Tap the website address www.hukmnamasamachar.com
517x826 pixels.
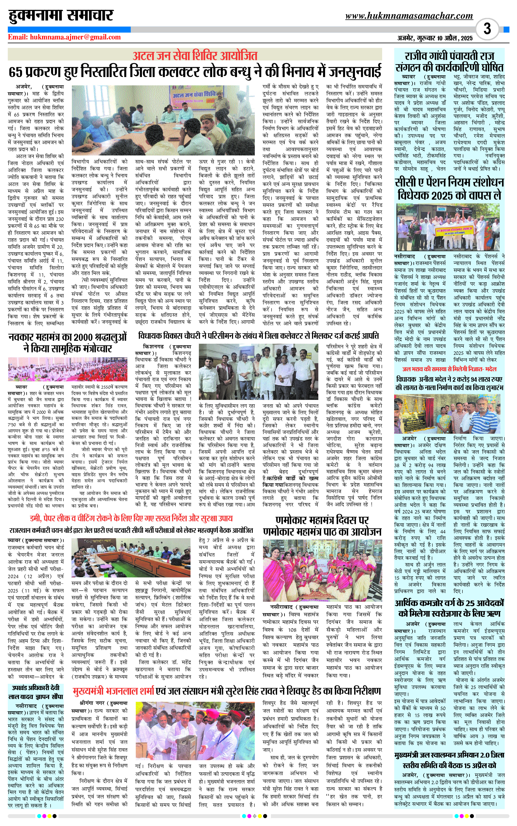click(409, 16)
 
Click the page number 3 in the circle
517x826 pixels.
click(487, 29)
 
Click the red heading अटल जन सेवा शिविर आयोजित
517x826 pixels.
click(195, 55)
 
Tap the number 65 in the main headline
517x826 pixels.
click(16, 72)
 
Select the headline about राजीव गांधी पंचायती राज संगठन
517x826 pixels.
click(449, 62)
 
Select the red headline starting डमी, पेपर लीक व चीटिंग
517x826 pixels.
click(131, 518)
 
